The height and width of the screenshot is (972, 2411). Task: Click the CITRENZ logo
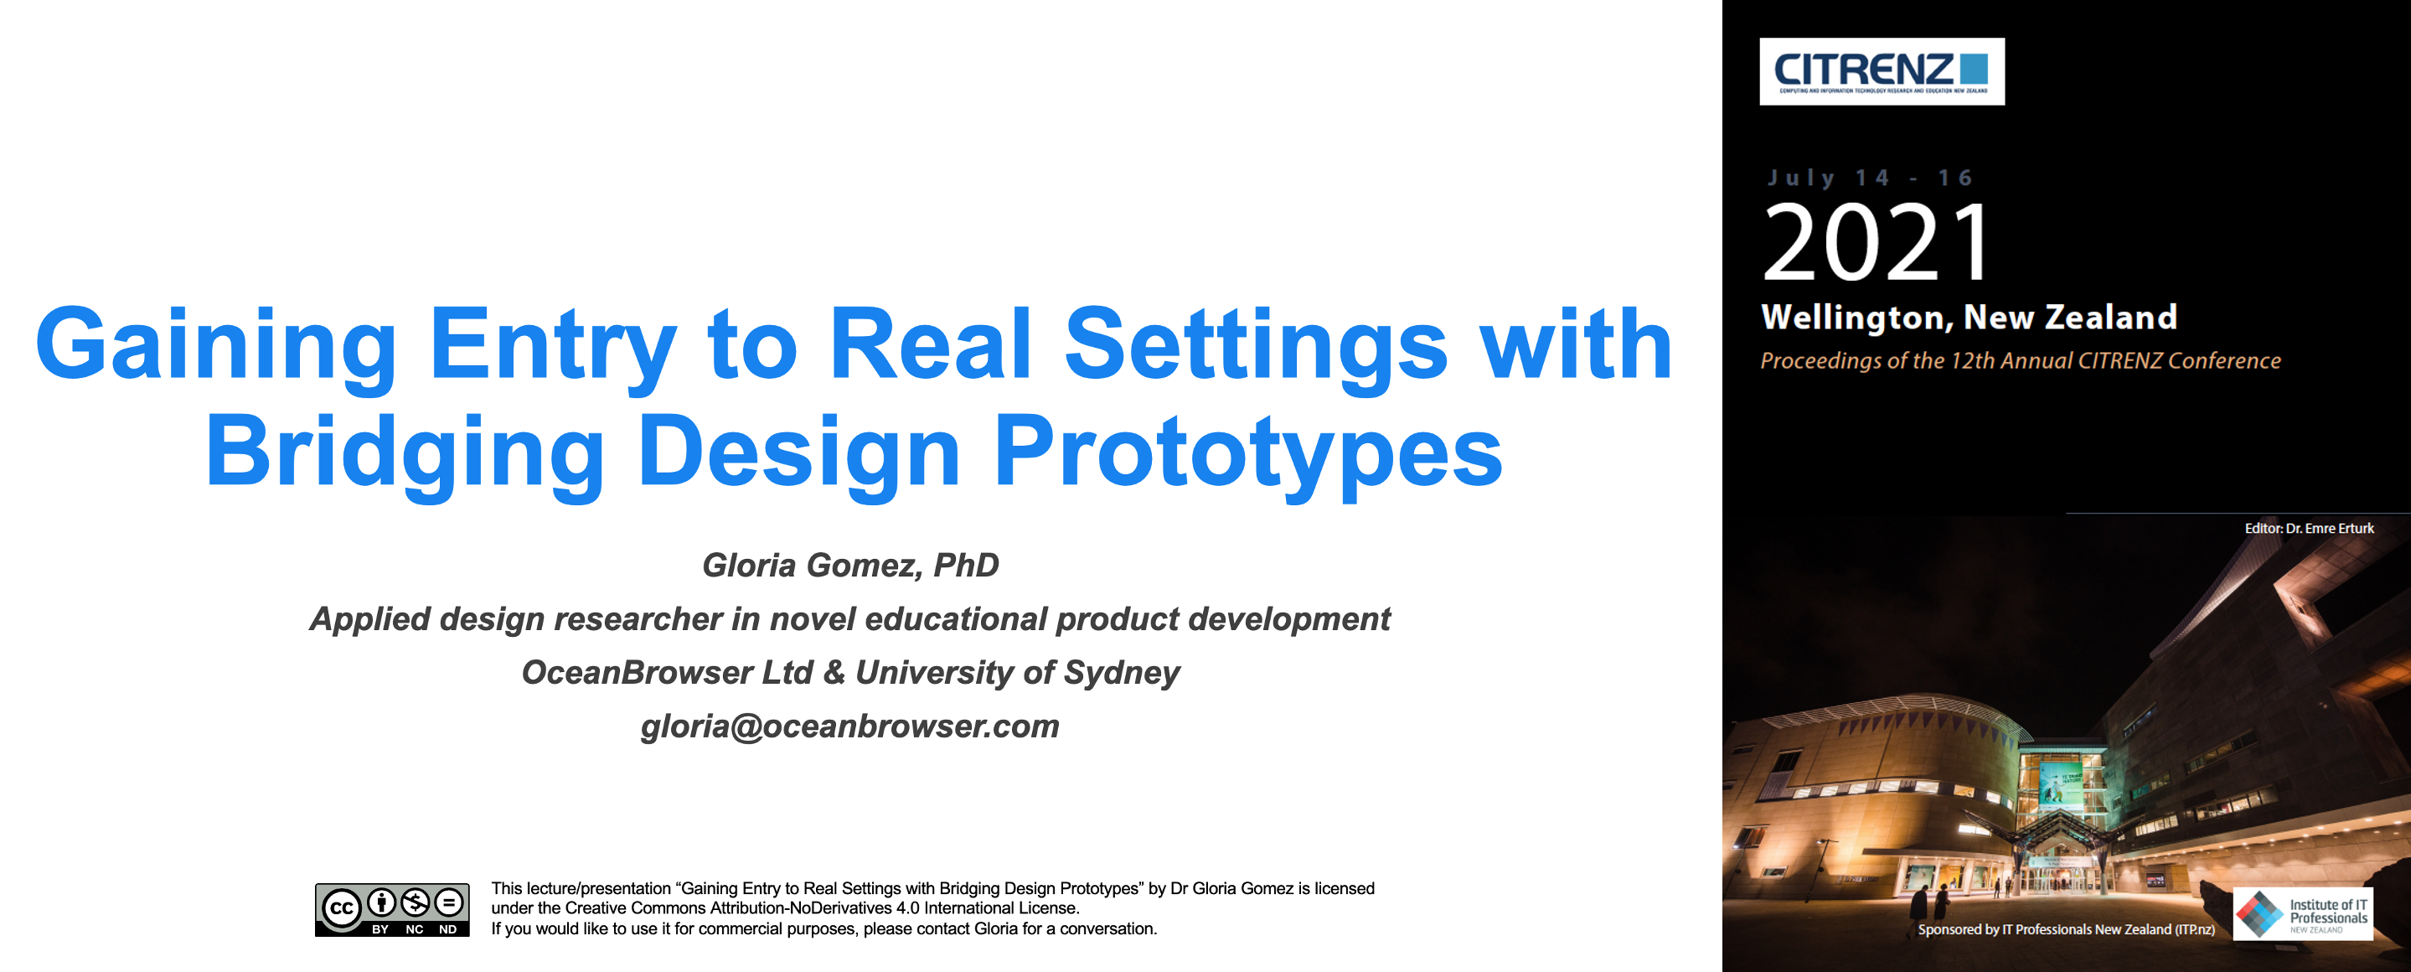pyautogui.click(x=1882, y=71)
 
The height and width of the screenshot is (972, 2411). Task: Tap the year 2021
pyautogui.click(x=1877, y=245)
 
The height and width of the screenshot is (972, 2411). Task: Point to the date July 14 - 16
pyautogui.click(x=1870, y=178)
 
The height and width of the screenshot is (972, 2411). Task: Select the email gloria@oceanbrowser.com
pyautogui.click(x=849, y=726)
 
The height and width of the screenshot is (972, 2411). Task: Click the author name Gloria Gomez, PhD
pyautogui.click(x=849, y=565)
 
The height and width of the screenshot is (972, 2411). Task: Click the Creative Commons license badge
pyautogui.click(x=392, y=909)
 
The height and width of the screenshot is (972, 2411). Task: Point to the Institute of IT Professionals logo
pyautogui.click(x=2302, y=914)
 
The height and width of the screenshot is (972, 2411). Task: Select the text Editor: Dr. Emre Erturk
pyautogui.click(x=2308, y=528)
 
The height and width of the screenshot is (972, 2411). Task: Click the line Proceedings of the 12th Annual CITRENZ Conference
pyautogui.click(x=2020, y=360)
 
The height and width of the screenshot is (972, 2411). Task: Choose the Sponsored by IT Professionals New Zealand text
pyautogui.click(x=2066, y=929)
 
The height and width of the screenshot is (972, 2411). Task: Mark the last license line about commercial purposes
pyautogui.click(x=823, y=929)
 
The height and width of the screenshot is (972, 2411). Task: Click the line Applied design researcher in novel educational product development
pyautogui.click(x=849, y=619)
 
